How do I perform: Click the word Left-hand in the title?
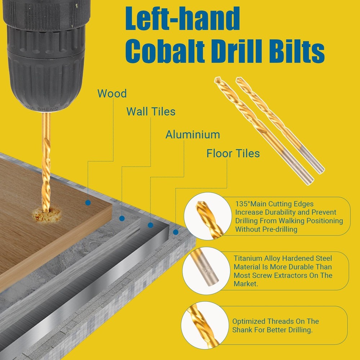[x=183, y=18]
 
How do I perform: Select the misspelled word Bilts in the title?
[x=297, y=51]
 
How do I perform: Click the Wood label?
[x=112, y=94]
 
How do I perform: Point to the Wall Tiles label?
[x=151, y=112]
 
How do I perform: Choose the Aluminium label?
[x=193, y=135]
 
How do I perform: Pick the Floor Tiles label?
[x=233, y=153]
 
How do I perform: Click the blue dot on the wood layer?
[x=88, y=203]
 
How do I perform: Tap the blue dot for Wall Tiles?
[x=122, y=219]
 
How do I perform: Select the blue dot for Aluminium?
[x=150, y=225]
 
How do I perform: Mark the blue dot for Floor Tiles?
[x=176, y=232]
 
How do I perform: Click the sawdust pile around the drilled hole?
[x=46, y=215]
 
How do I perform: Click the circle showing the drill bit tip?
[x=208, y=216]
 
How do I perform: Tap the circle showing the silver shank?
[x=206, y=271]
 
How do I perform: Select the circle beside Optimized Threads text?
[x=205, y=325]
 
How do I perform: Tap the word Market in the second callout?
[x=245, y=284]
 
